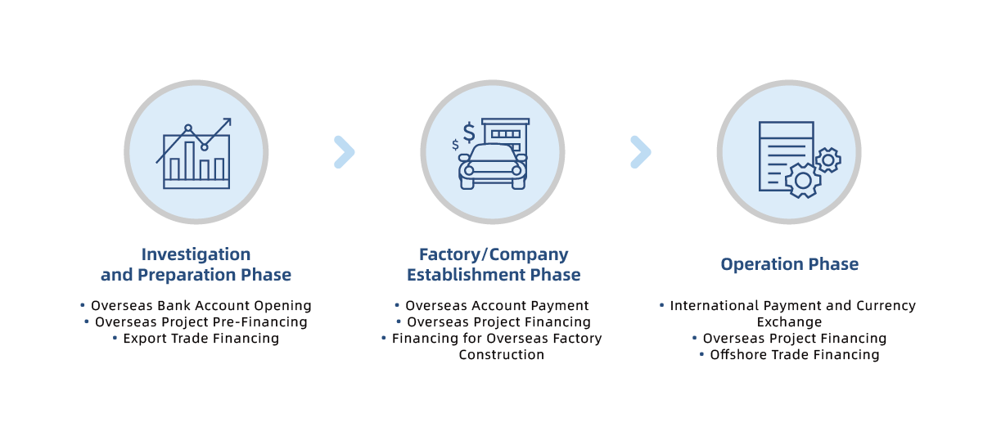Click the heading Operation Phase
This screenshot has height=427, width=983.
tap(789, 264)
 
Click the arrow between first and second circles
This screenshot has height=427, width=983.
tap(345, 152)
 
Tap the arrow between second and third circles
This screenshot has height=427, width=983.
tap(641, 152)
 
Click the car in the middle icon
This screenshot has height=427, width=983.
tap(493, 166)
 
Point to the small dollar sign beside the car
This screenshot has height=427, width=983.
tap(455, 146)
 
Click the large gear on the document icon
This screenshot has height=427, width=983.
tap(803, 180)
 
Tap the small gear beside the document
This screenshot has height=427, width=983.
tap(828, 160)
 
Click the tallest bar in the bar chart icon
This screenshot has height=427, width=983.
tap(190, 160)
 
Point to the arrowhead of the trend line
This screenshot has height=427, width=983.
tap(227, 123)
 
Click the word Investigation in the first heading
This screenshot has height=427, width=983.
tap(196, 254)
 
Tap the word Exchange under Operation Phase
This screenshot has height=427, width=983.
tap(789, 322)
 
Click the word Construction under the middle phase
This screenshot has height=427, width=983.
tap(501, 355)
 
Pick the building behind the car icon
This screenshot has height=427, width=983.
tap(505, 133)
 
